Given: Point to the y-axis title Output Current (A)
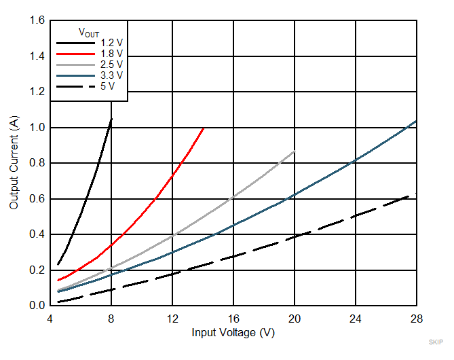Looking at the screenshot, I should point(14,163).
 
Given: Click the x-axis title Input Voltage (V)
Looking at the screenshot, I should point(233,333).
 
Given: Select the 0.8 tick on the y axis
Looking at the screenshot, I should point(37,163).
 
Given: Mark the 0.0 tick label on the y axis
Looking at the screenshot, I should point(37,306).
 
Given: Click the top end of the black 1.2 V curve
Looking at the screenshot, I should point(111,119).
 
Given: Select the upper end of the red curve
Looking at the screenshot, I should point(203,128).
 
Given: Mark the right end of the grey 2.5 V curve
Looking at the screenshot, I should point(295,151).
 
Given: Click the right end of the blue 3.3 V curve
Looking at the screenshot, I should point(416,121).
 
